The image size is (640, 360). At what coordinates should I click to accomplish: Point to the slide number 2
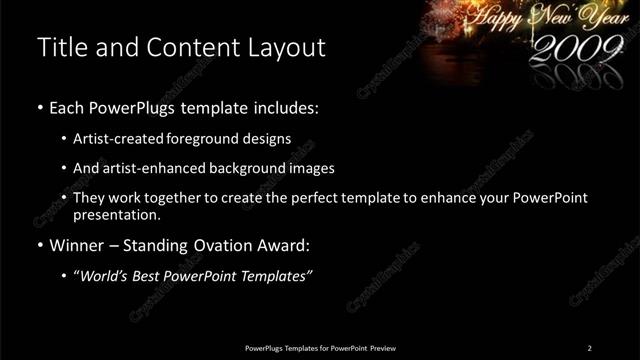click(x=589, y=348)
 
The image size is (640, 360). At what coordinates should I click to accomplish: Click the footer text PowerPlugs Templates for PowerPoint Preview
click(x=320, y=348)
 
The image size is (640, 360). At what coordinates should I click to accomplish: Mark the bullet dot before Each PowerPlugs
click(x=39, y=108)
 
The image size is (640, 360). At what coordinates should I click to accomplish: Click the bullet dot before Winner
click(x=39, y=245)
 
